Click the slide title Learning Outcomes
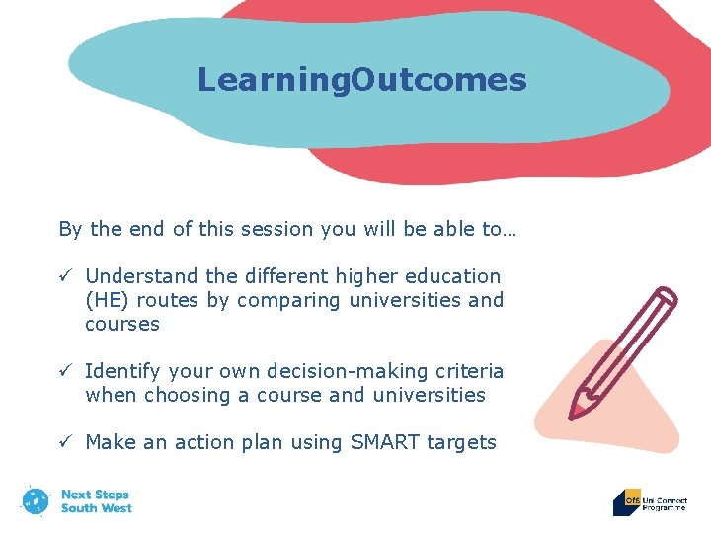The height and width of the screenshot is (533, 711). coord(361,79)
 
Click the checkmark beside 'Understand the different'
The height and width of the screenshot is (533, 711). coord(64,276)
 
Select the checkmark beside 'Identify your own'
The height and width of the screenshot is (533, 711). coord(64,371)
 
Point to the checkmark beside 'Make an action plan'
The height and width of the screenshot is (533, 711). coord(64,442)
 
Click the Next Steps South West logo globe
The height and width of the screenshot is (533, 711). coord(36,500)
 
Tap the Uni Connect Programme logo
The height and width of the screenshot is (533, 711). coord(650,502)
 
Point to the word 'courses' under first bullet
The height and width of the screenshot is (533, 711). coord(122,324)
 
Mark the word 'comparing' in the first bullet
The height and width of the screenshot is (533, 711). coord(297,300)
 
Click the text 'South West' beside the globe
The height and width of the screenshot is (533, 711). coord(96,508)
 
